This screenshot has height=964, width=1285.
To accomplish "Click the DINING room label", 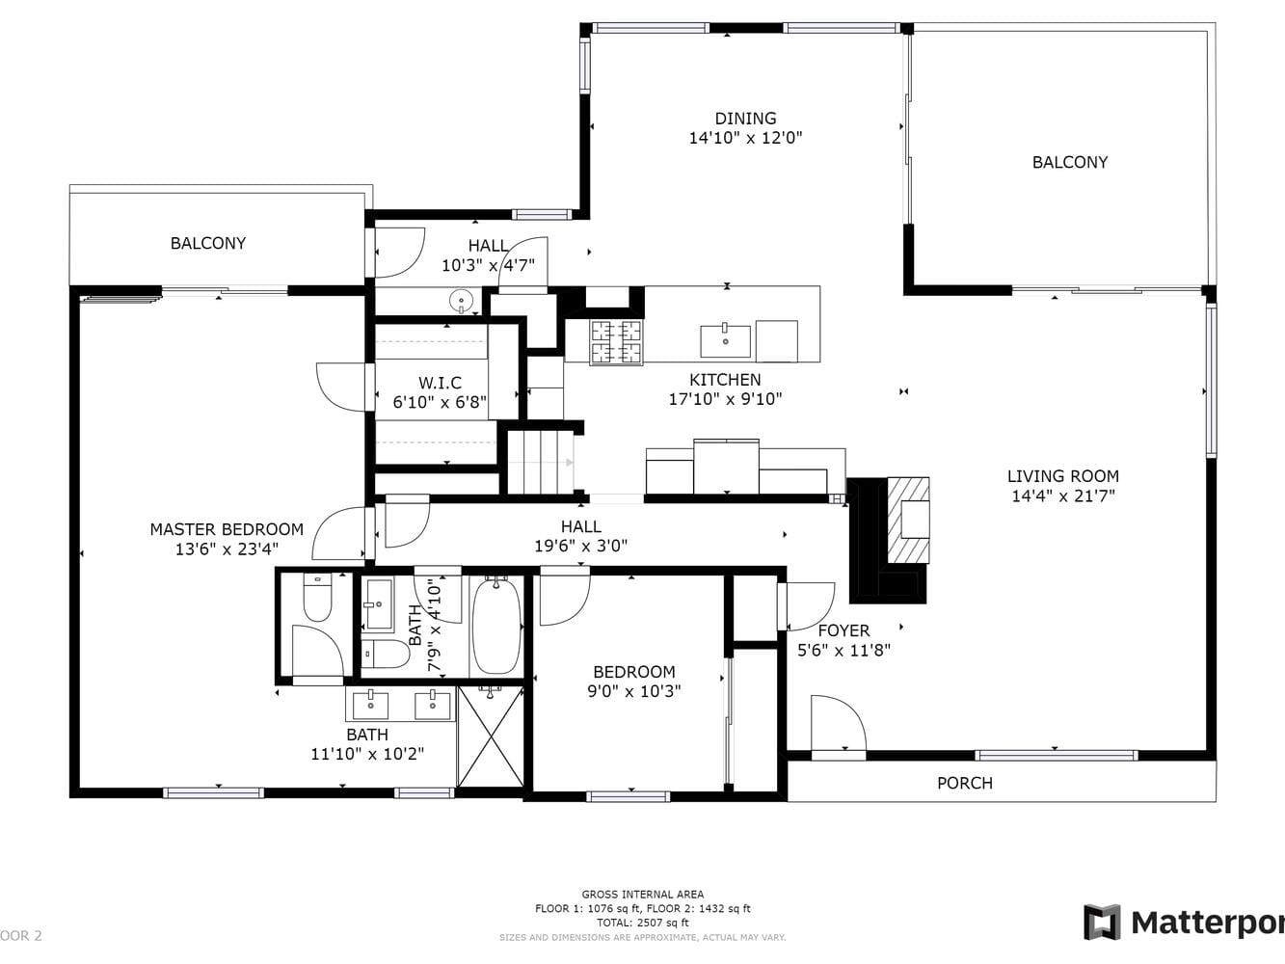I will [x=745, y=119].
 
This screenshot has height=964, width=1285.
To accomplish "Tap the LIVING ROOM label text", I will [x=1062, y=475].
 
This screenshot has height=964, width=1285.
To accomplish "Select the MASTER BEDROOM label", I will [x=227, y=529].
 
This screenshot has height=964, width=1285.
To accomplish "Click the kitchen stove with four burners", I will [x=616, y=341].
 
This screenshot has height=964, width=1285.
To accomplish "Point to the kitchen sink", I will [x=725, y=340].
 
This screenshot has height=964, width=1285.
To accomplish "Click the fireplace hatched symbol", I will [x=909, y=521].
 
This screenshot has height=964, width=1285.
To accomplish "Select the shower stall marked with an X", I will [x=491, y=736].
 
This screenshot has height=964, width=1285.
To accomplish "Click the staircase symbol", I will [x=541, y=462].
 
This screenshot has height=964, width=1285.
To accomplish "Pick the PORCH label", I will [x=964, y=783].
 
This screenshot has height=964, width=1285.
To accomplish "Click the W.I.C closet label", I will [x=440, y=383].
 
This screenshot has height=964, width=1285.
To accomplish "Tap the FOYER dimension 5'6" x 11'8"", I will [x=843, y=651].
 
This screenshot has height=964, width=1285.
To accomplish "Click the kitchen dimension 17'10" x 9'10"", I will [x=725, y=399].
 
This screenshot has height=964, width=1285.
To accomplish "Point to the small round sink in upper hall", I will [x=462, y=302].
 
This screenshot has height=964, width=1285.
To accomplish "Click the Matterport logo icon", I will [x=1102, y=923].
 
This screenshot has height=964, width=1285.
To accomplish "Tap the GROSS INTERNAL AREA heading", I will [x=642, y=895].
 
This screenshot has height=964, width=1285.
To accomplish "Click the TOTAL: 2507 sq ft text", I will [x=642, y=923].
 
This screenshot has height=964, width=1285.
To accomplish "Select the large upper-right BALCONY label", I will [x=1069, y=162].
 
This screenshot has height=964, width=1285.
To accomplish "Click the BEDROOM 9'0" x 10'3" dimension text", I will [x=633, y=691].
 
